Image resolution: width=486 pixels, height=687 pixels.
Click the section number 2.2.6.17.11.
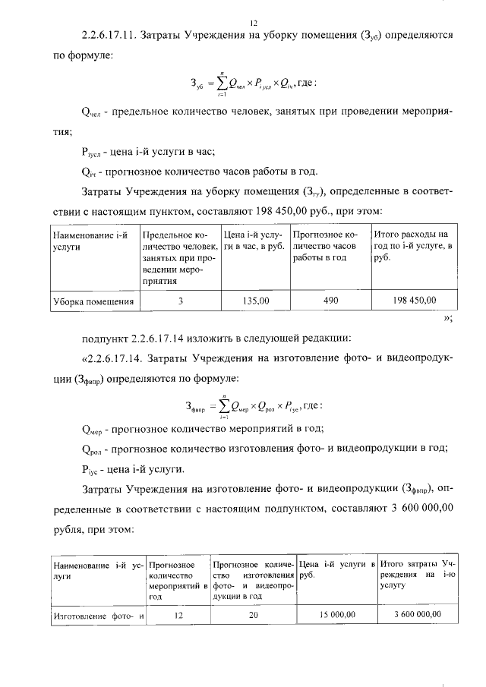pyautogui.click(x=115, y=36)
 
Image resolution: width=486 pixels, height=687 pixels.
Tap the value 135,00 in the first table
pyautogui.click(x=254, y=301)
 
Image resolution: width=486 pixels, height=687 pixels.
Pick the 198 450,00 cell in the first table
pyautogui.click(x=414, y=301)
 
